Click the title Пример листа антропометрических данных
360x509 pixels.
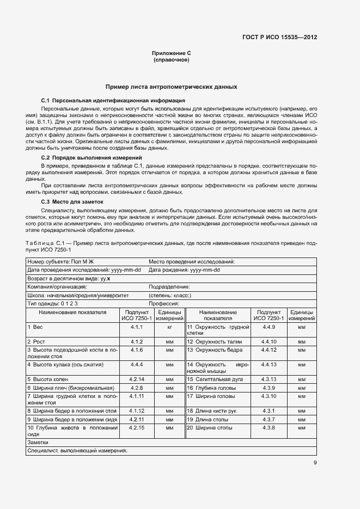click(172, 87)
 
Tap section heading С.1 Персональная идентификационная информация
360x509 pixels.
click(113, 101)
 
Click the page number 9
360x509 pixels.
click(315, 463)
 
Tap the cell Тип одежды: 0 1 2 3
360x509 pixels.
click(53, 303)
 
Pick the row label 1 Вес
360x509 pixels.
click(35, 327)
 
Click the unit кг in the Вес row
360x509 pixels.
click(169, 327)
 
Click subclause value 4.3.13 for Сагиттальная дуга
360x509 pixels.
click(269, 378)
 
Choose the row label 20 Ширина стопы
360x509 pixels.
click(210, 428)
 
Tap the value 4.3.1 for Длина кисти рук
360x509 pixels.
click(268, 411)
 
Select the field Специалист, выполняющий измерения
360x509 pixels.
click(77, 451)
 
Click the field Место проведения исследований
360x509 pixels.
click(192, 262)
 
